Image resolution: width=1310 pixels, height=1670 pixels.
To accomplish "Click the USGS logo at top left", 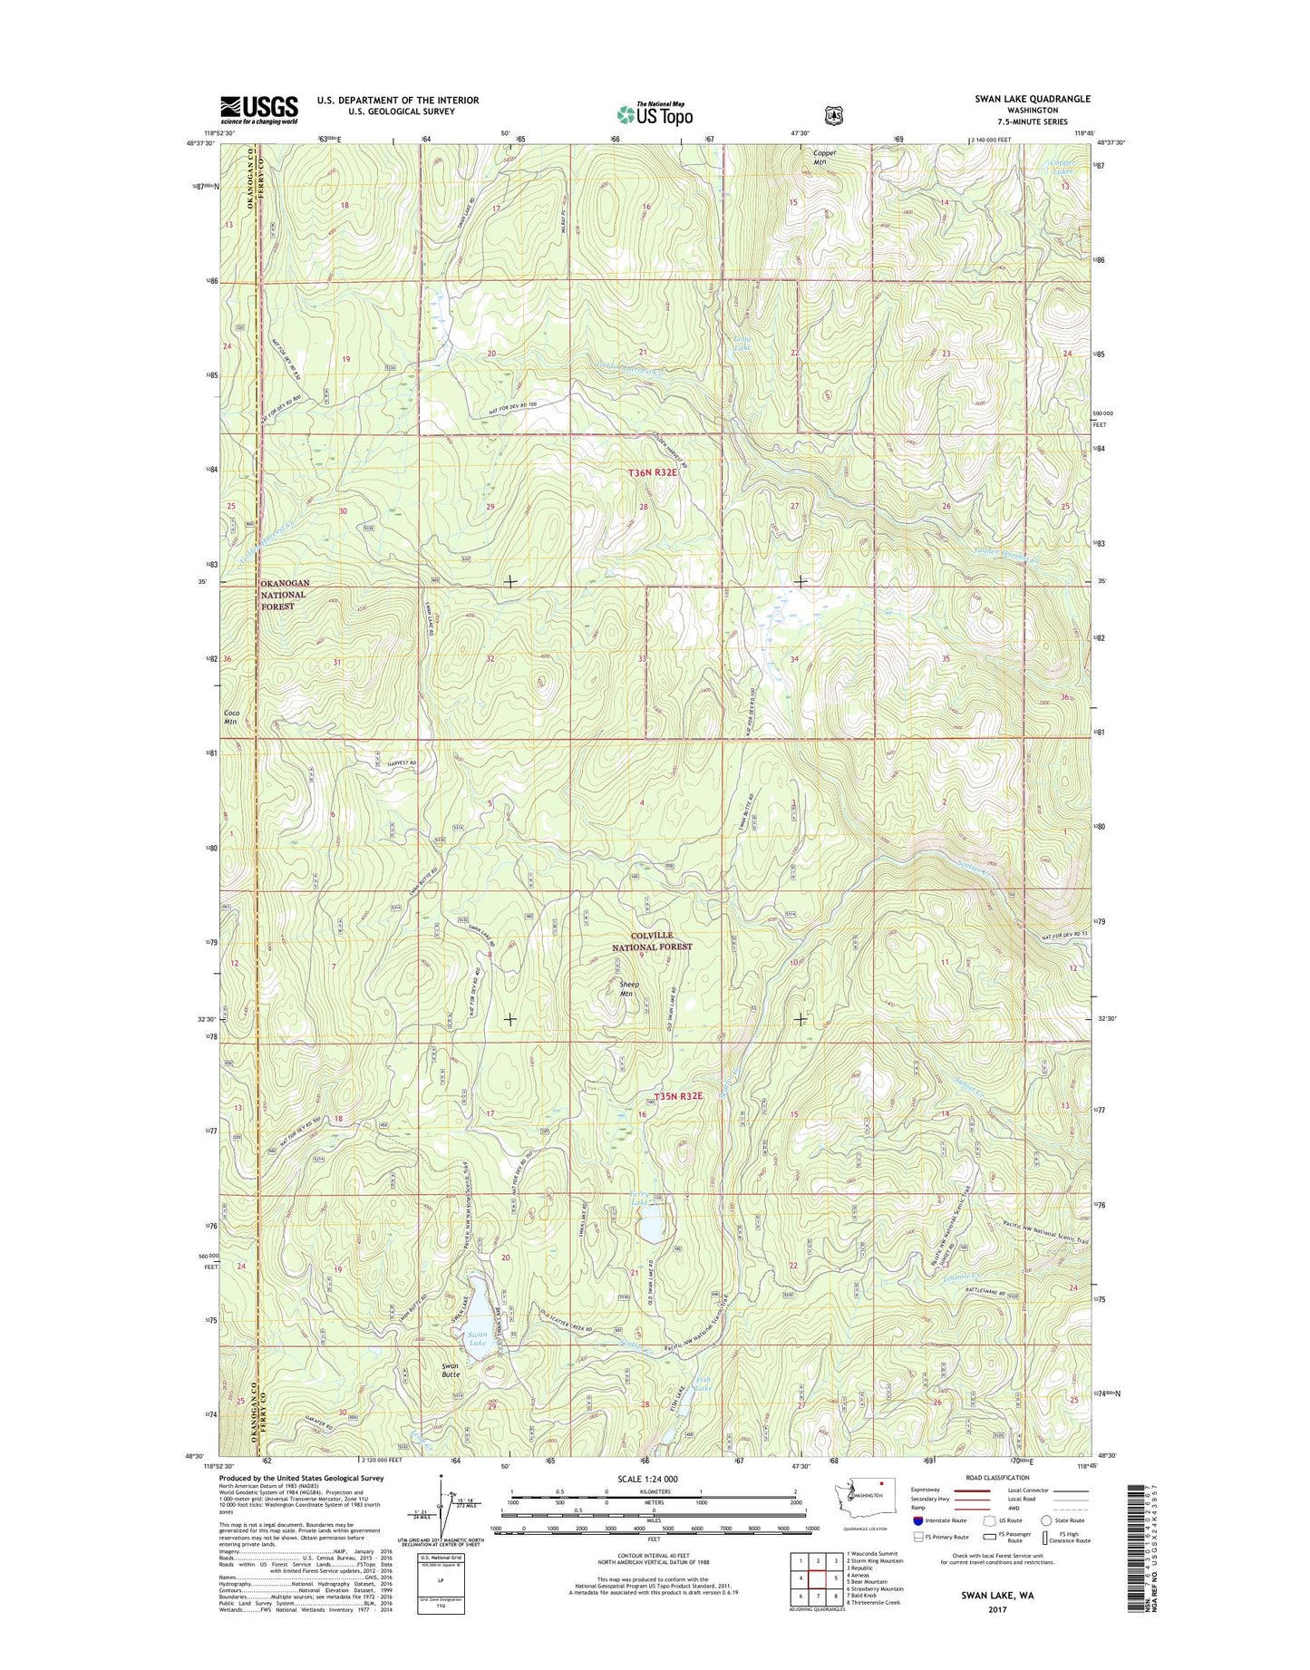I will [x=258, y=110].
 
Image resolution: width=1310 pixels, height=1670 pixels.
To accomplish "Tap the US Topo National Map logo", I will [x=655, y=112].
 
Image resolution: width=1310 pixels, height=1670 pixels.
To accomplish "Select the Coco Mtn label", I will [x=231, y=716].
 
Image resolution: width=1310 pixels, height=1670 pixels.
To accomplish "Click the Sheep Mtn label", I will [x=628, y=988].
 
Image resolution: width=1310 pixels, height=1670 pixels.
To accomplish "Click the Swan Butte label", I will [x=450, y=1370].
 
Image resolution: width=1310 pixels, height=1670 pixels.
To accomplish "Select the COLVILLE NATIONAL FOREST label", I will [x=651, y=940].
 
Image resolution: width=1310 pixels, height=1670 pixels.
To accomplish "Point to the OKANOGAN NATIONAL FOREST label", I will [x=285, y=594].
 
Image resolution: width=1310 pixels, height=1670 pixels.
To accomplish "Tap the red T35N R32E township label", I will [x=678, y=1095].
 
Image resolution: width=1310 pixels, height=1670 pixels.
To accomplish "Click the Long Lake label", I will [x=742, y=343].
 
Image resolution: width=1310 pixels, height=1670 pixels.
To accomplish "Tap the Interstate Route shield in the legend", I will [x=918, y=1520].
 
